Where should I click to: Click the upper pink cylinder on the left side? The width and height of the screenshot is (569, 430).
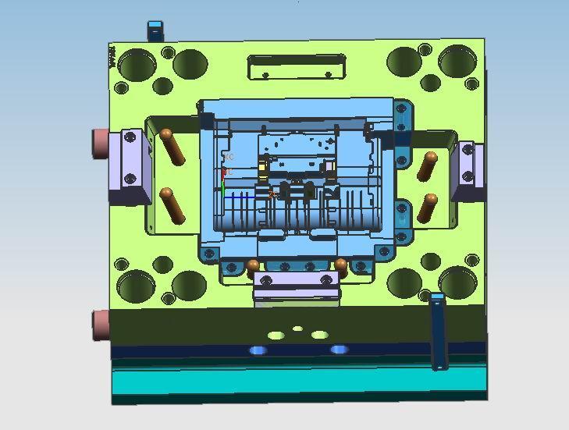coord(101,142)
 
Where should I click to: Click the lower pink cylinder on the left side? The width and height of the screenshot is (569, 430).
coord(100,324)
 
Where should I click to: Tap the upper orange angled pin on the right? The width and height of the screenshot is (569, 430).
coord(429,165)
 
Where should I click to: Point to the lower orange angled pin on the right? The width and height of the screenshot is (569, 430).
coord(427,208)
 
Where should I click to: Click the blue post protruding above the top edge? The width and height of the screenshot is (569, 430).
coord(155,31)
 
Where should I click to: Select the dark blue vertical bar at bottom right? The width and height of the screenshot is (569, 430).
coord(438,331)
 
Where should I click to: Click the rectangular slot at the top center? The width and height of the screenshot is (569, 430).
coord(296,67)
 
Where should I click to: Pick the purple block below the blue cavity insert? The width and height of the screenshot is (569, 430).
coord(297,287)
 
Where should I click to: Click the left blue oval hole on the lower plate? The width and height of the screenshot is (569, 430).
coord(258,350)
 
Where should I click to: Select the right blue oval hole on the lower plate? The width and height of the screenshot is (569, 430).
coord(339,350)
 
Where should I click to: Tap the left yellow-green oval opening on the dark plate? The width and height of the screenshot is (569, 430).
coord(276,336)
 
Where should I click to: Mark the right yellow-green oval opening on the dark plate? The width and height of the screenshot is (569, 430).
coord(319,335)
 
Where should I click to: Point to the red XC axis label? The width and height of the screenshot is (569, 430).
coord(229,158)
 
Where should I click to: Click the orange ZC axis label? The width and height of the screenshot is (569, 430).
coord(272,194)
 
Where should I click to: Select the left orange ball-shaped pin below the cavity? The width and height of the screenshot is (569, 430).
coord(253,265)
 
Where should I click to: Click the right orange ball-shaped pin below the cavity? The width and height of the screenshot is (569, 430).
coord(340,264)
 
